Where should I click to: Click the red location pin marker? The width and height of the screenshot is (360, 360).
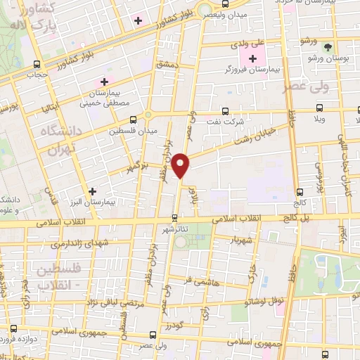[181, 166]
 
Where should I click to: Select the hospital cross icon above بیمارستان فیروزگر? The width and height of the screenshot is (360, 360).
[252, 58]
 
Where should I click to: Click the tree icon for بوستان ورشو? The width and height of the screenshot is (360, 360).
[328, 47]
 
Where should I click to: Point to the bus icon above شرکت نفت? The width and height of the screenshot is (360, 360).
[225, 110]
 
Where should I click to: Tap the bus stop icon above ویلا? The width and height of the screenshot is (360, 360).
[320, 108]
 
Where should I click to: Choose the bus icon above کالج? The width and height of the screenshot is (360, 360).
[300, 191]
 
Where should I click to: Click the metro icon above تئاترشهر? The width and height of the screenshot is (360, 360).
[174, 219]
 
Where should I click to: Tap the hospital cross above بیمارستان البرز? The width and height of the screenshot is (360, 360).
[91, 191]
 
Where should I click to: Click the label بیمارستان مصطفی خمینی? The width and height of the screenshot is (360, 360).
[110, 98]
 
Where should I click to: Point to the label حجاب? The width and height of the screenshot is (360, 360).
[35, 73]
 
